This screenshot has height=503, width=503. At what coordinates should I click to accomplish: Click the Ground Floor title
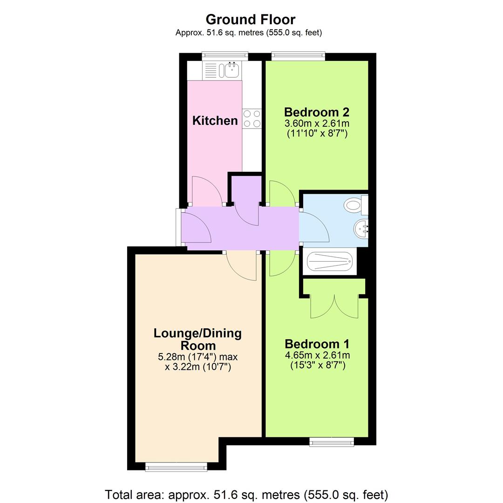(x=251, y=20)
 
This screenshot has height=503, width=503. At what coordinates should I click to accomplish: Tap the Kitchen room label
(x=215, y=121)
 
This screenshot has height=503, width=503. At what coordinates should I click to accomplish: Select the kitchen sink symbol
(x=231, y=70)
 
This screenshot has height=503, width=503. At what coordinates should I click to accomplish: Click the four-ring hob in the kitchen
(x=251, y=118)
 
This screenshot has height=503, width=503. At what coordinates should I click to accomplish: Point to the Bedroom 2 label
(x=316, y=112)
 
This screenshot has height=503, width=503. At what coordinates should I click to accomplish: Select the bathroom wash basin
(x=361, y=229)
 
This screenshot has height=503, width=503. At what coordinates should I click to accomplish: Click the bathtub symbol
(x=329, y=262)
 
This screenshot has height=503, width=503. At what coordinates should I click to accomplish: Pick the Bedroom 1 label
(x=317, y=344)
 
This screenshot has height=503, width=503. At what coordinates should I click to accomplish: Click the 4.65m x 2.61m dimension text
(x=317, y=355)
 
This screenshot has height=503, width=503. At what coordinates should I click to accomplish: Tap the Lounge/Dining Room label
(x=197, y=340)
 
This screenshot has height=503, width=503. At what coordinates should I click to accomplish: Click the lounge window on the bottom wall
(x=176, y=466)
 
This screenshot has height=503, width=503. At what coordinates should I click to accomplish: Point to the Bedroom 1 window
(x=332, y=441)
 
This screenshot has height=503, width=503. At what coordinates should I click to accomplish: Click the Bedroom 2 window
(x=298, y=56)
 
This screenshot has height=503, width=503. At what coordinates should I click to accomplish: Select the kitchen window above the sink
(x=225, y=56)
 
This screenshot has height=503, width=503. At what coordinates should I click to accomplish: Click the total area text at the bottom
(x=246, y=494)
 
